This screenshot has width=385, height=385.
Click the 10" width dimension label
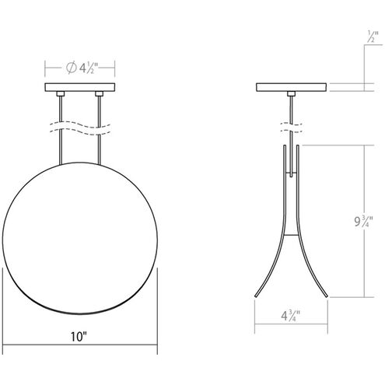point(79,336)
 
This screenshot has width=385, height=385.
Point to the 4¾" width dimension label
point(291,316)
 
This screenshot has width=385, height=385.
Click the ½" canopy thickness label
point(373,37)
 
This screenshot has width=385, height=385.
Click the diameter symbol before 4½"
point(71,68)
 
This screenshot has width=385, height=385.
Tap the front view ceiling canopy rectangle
point(80,87)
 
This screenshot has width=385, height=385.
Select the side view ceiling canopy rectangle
point(291,87)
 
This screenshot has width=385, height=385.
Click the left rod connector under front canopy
point(61,94)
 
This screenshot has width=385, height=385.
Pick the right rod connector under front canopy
point(99,94)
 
